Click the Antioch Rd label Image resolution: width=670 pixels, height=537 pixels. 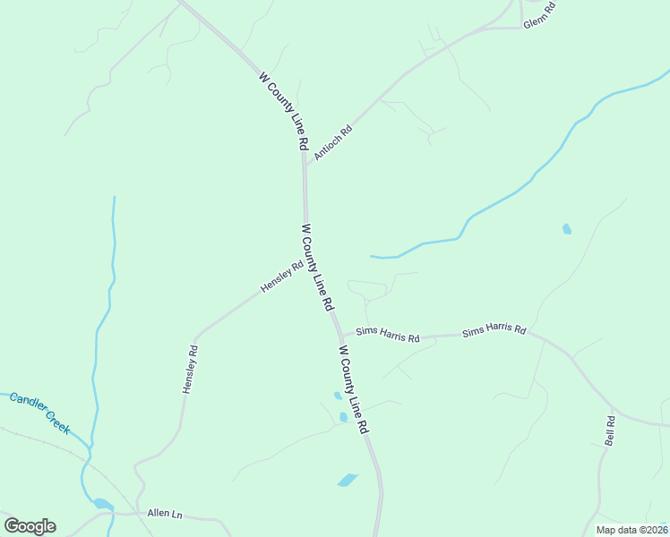coord(334,142)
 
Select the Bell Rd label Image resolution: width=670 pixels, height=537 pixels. coord(610,430)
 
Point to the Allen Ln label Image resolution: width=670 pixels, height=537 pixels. coord(165,515)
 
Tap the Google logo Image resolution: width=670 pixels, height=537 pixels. coord(30,526)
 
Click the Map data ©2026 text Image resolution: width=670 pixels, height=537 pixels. coord(631,530)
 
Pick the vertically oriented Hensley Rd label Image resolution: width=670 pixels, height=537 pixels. coord(190,370)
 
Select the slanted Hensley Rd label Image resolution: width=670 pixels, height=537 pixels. coord(282,276)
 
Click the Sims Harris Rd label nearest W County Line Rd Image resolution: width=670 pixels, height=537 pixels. coord(388,334)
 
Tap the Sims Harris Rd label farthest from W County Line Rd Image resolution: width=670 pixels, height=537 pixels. coord(494,330)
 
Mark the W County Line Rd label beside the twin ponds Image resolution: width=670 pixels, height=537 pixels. coord(354,389)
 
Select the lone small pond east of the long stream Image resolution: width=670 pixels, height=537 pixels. coord(566,229)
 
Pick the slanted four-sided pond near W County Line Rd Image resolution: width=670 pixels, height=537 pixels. coord(348,481)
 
